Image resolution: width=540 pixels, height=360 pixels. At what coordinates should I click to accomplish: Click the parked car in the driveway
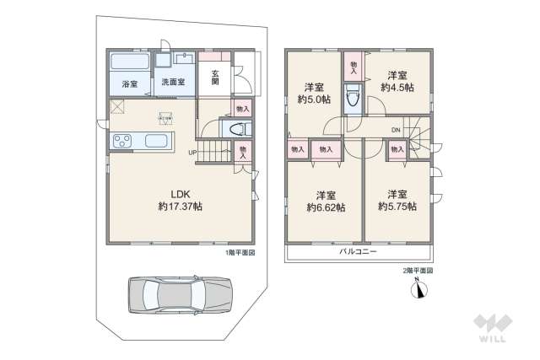click(x=179, y=296)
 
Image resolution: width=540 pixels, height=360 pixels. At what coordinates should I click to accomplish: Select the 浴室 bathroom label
click(x=129, y=83)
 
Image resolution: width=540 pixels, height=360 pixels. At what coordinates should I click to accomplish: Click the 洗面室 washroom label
click(x=174, y=83)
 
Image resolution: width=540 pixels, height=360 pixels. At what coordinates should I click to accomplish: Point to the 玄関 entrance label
click(x=216, y=77)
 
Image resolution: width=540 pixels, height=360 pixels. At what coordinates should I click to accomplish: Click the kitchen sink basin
click(x=157, y=141)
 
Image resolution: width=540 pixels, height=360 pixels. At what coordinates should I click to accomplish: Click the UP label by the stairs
click(x=193, y=153)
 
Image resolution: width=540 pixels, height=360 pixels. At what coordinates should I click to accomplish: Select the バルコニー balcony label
click(x=358, y=251)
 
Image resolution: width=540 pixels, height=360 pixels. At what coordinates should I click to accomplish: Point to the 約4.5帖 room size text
click(x=397, y=87)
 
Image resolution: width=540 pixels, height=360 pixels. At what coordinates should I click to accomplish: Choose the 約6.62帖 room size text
click(x=325, y=207)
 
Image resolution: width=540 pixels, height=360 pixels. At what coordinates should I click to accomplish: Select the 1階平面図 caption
click(x=240, y=252)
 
